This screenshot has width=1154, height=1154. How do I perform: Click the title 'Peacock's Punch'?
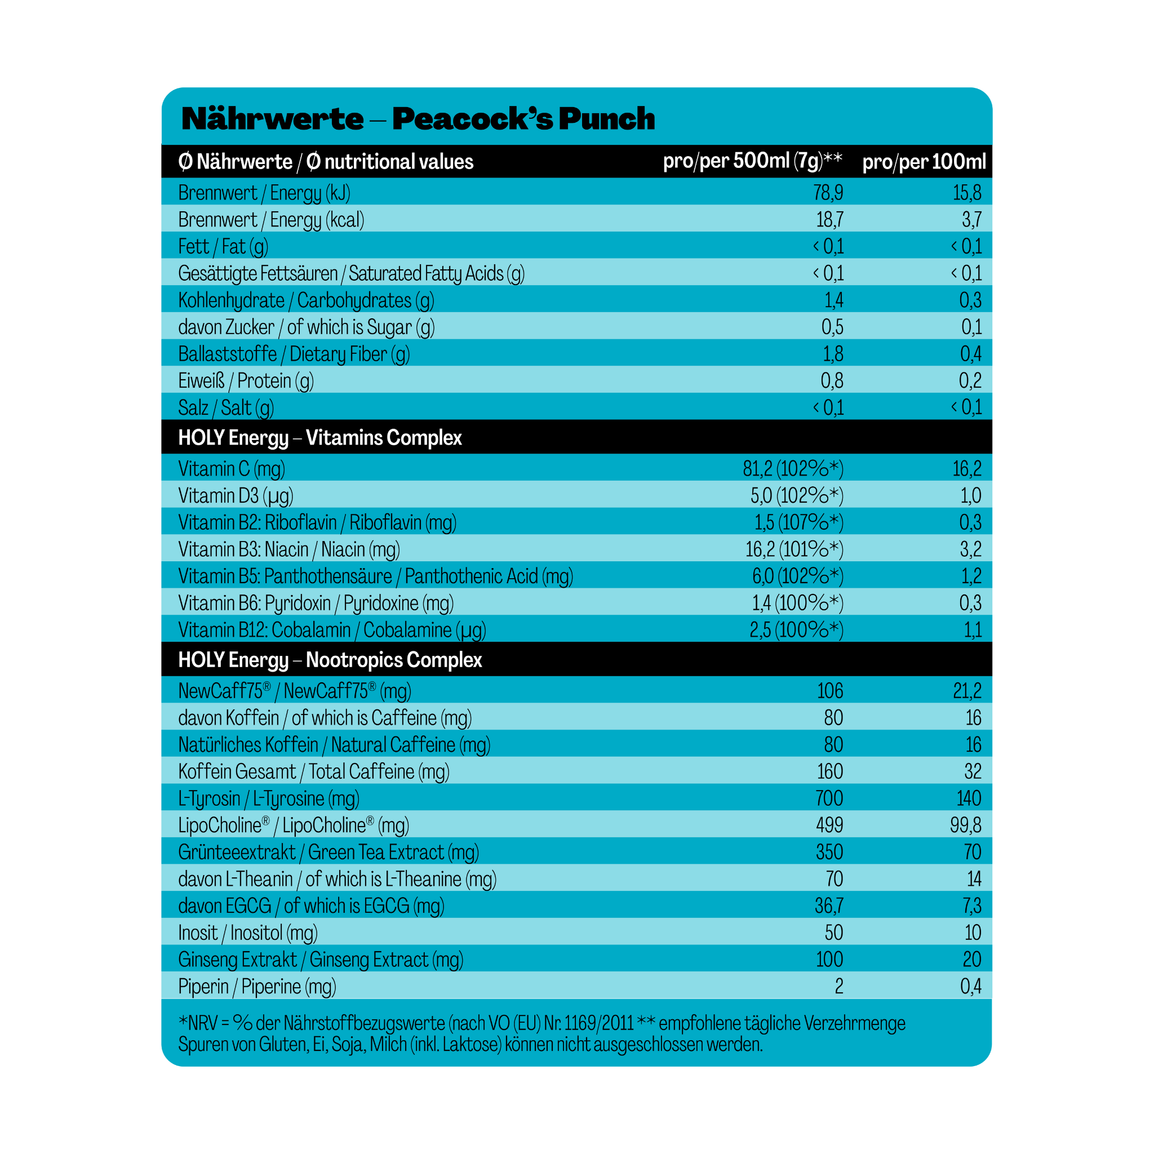[523, 119]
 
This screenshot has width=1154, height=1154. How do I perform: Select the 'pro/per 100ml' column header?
[924, 161]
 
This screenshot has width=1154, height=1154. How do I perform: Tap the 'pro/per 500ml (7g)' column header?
[752, 161]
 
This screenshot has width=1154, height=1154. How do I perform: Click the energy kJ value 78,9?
[828, 193]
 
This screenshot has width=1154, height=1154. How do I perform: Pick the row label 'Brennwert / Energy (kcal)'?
[270, 220]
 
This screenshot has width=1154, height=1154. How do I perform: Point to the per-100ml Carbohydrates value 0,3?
[970, 300]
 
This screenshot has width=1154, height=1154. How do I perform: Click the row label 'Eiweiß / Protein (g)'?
[246, 380]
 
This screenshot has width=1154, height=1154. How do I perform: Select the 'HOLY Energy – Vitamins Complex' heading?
[319, 438]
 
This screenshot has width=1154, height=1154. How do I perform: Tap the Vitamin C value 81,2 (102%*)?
[793, 469]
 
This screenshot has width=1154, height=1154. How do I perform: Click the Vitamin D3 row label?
[236, 496]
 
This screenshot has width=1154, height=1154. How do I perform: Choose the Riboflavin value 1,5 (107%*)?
[798, 523]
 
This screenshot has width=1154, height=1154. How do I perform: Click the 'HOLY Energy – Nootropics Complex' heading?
[330, 660]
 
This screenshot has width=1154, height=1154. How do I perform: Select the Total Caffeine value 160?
[829, 771]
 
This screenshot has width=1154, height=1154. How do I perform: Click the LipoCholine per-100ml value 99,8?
[965, 825]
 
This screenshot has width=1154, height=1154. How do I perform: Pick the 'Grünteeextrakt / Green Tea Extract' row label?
[328, 852]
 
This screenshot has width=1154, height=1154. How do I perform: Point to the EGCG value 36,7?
[829, 906]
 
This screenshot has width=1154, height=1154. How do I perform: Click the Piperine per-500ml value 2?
[838, 986]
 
